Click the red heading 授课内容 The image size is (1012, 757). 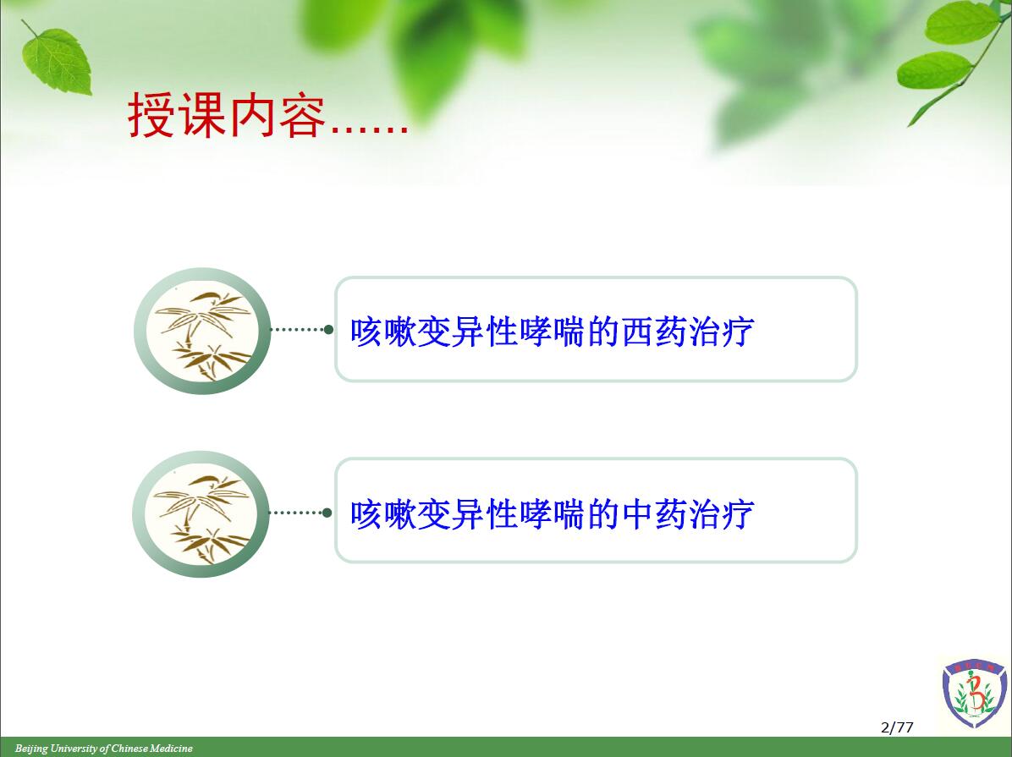(227, 115)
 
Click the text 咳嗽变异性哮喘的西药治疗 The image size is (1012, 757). (552, 332)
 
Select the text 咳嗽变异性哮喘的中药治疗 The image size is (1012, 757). (552, 514)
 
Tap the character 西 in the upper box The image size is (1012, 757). (637, 332)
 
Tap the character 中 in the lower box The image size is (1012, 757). (637, 514)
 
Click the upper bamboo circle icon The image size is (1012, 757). (201, 331)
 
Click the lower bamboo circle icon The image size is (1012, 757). (201, 513)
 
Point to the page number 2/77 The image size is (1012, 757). (897, 727)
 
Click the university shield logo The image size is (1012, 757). (975, 693)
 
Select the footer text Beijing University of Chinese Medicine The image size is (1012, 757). (104, 749)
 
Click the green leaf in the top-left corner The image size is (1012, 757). (56, 58)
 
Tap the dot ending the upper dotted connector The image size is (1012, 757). (328, 330)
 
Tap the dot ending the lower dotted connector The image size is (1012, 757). (327, 513)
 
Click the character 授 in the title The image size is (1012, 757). (151, 115)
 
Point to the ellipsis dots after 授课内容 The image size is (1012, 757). (369, 129)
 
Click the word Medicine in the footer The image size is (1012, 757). (171, 749)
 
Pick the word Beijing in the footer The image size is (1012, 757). (31, 749)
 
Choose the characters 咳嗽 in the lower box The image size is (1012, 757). (383, 514)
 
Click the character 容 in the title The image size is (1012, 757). (302, 115)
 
